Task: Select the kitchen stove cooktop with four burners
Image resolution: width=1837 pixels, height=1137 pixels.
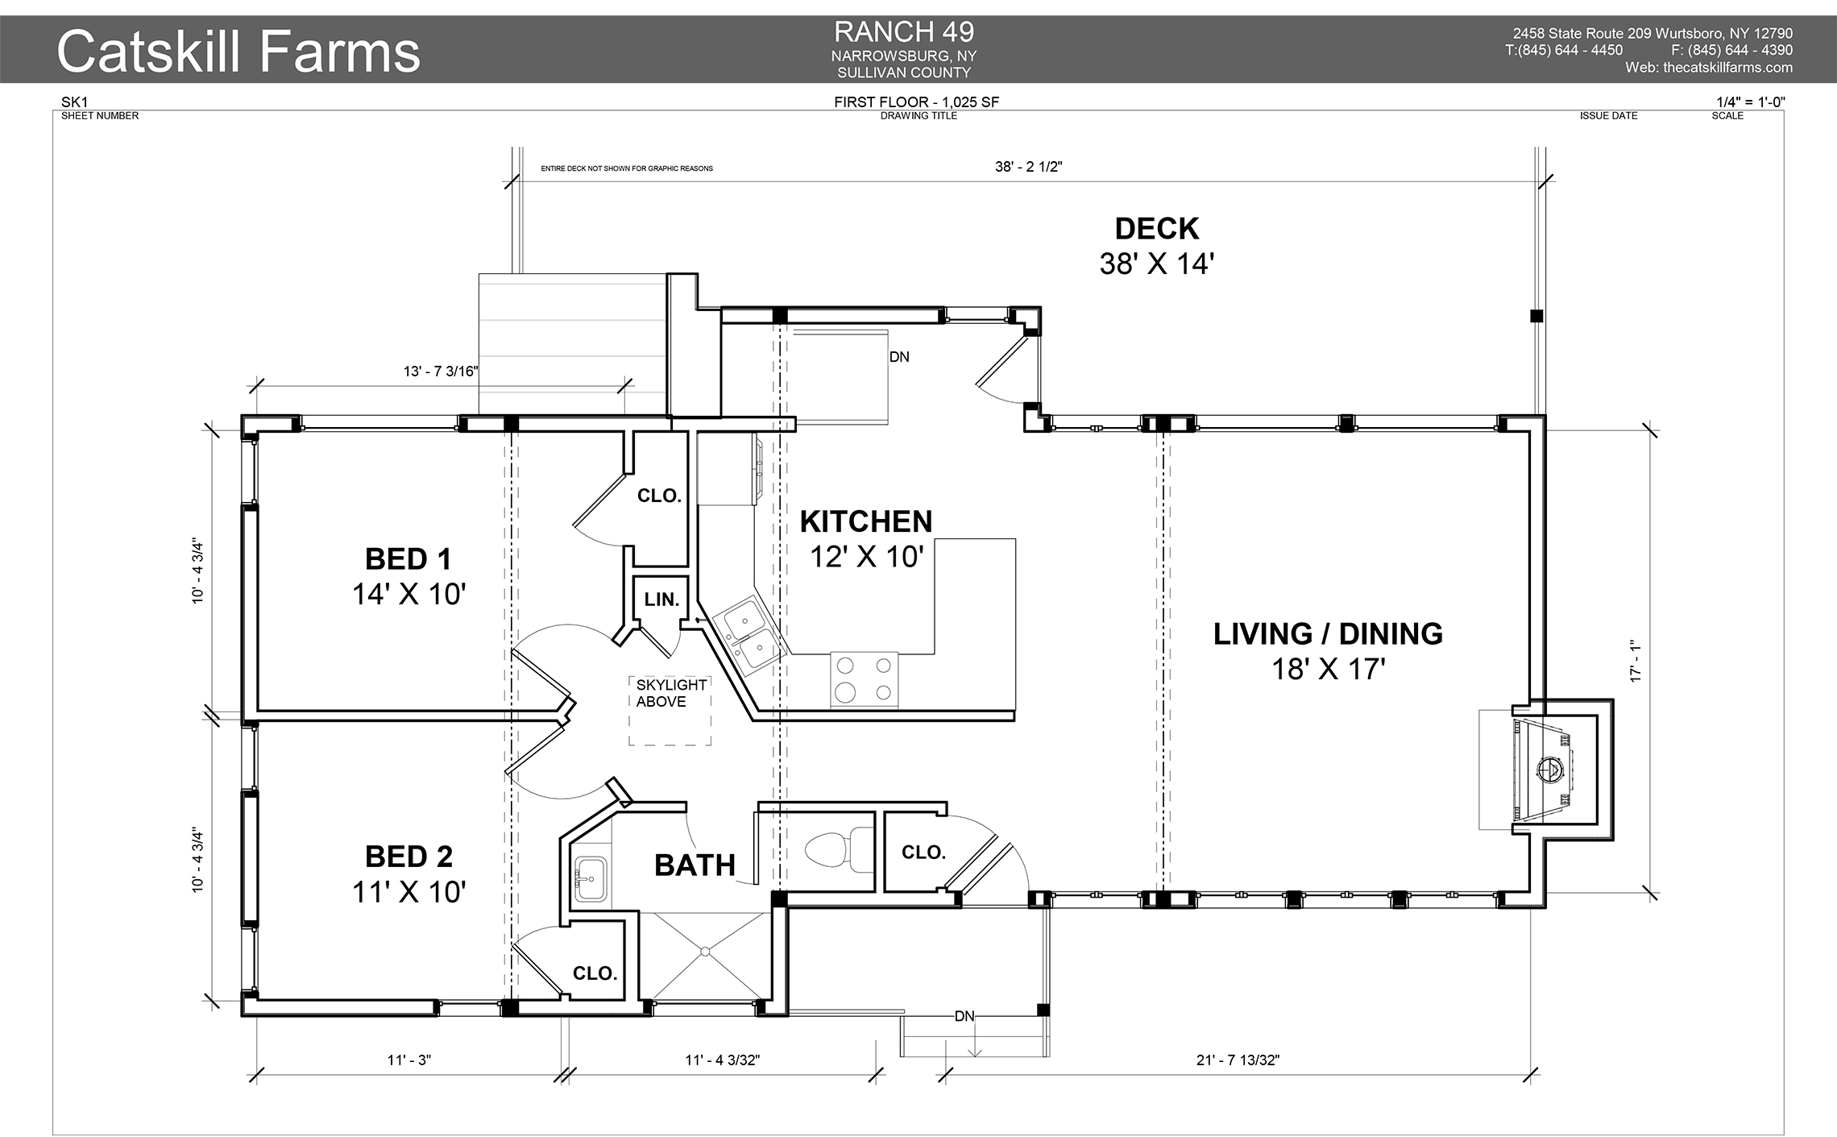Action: [x=864, y=678]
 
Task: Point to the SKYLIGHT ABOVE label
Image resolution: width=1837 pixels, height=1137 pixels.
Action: [x=670, y=693]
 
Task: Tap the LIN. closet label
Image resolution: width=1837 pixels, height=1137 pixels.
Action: [x=661, y=600]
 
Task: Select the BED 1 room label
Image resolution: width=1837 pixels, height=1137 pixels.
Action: [x=408, y=559]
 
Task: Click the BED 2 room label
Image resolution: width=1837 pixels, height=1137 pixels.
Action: [x=408, y=857]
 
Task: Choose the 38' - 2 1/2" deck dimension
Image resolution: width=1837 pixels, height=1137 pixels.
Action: [x=1028, y=168]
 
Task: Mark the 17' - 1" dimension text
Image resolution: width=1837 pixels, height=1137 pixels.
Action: [x=1636, y=662]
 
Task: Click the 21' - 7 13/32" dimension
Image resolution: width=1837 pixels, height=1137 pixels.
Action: [x=1238, y=1060]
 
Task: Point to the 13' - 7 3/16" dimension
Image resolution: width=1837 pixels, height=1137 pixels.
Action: [x=441, y=371]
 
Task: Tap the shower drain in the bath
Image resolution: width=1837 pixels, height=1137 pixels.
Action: [x=706, y=952]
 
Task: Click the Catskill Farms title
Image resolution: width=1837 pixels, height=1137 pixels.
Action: [x=238, y=52]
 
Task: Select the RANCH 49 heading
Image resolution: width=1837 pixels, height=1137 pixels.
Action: [x=903, y=32]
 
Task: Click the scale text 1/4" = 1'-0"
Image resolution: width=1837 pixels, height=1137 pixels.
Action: [x=1751, y=102]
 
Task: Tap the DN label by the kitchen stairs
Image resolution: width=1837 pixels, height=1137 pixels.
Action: [x=899, y=357]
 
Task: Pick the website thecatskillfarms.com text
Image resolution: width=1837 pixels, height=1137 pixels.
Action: [x=1708, y=68]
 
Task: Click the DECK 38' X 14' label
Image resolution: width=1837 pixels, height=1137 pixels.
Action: [x=1156, y=246]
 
